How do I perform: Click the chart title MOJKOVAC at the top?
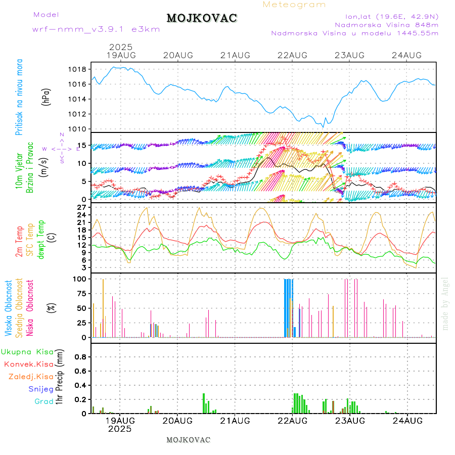click(202, 18)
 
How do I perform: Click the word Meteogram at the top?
click(294, 5)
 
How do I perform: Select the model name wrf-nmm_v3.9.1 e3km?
click(96, 29)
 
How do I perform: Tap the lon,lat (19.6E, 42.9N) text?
click(391, 16)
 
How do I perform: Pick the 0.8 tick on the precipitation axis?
click(80, 356)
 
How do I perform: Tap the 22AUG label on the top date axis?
click(293, 55)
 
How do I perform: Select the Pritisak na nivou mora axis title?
click(19, 99)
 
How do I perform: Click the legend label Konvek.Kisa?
click(28, 364)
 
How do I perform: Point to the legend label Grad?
click(44, 402)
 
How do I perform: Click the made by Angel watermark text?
click(445, 303)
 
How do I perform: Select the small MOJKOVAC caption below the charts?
click(188, 440)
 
